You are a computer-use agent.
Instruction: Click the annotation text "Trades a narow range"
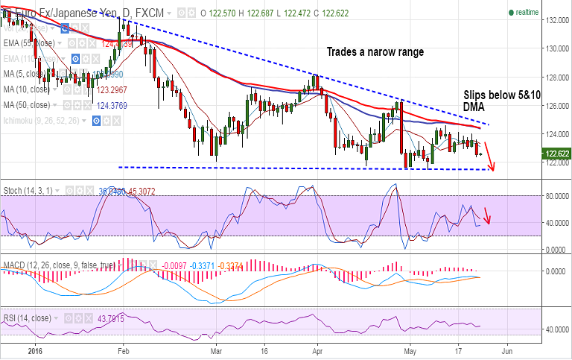click(375, 52)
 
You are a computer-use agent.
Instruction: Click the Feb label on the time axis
click(123, 349)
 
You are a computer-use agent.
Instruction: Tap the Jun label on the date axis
click(507, 349)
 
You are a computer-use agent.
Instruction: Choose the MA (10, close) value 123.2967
click(106, 89)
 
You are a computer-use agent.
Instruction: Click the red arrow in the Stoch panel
click(487, 215)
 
